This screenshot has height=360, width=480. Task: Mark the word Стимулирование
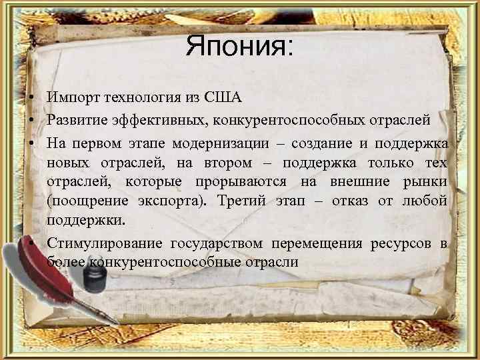click(105, 244)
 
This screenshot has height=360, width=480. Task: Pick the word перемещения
click(317, 244)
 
